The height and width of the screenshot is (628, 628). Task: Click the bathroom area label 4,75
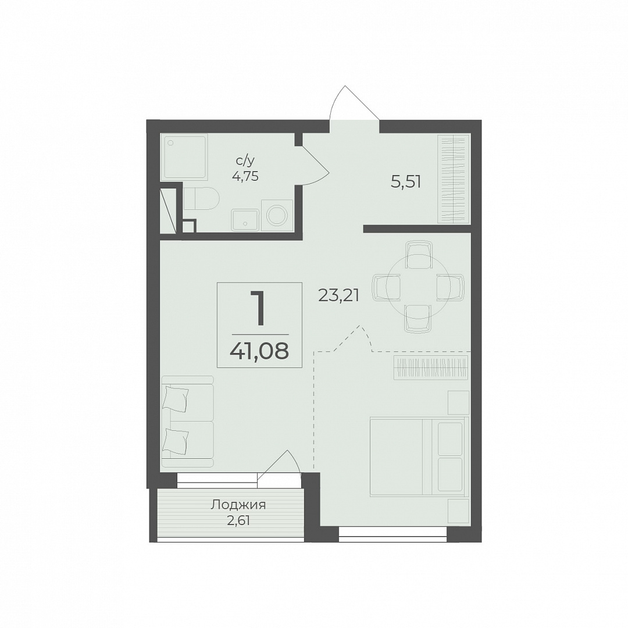pos(245,176)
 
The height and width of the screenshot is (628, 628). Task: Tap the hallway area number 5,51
pos(406,182)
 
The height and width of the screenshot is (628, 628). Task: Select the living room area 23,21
pos(338,295)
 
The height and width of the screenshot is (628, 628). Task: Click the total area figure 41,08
pos(259,351)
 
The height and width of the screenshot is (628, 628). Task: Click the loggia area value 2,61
pos(238,521)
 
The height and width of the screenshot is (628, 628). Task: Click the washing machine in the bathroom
pos(277,216)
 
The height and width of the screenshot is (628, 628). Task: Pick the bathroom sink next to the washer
pos(245,220)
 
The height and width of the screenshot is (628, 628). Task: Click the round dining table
pos(418,287)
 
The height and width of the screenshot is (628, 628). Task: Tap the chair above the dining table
pos(419,254)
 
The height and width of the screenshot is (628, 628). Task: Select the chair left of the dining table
pos(387,287)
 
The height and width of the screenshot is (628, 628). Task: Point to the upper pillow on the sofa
pos(176,399)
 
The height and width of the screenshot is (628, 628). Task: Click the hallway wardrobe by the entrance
pos(454,179)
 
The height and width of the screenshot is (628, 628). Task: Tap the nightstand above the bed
pos(458,402)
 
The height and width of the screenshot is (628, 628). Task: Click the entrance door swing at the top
pos(354,103)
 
